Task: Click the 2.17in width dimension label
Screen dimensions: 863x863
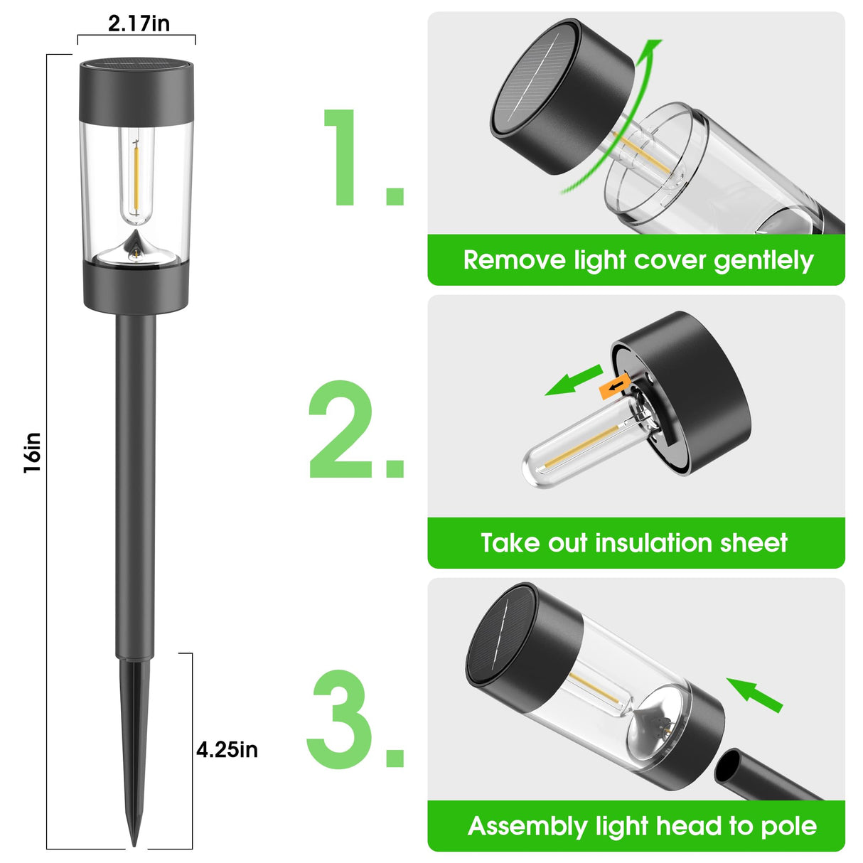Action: click(x=139, y=23)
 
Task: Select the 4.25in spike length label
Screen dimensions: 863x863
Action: click(x=227, y=750)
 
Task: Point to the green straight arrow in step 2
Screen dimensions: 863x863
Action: click(x=574, y=380)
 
